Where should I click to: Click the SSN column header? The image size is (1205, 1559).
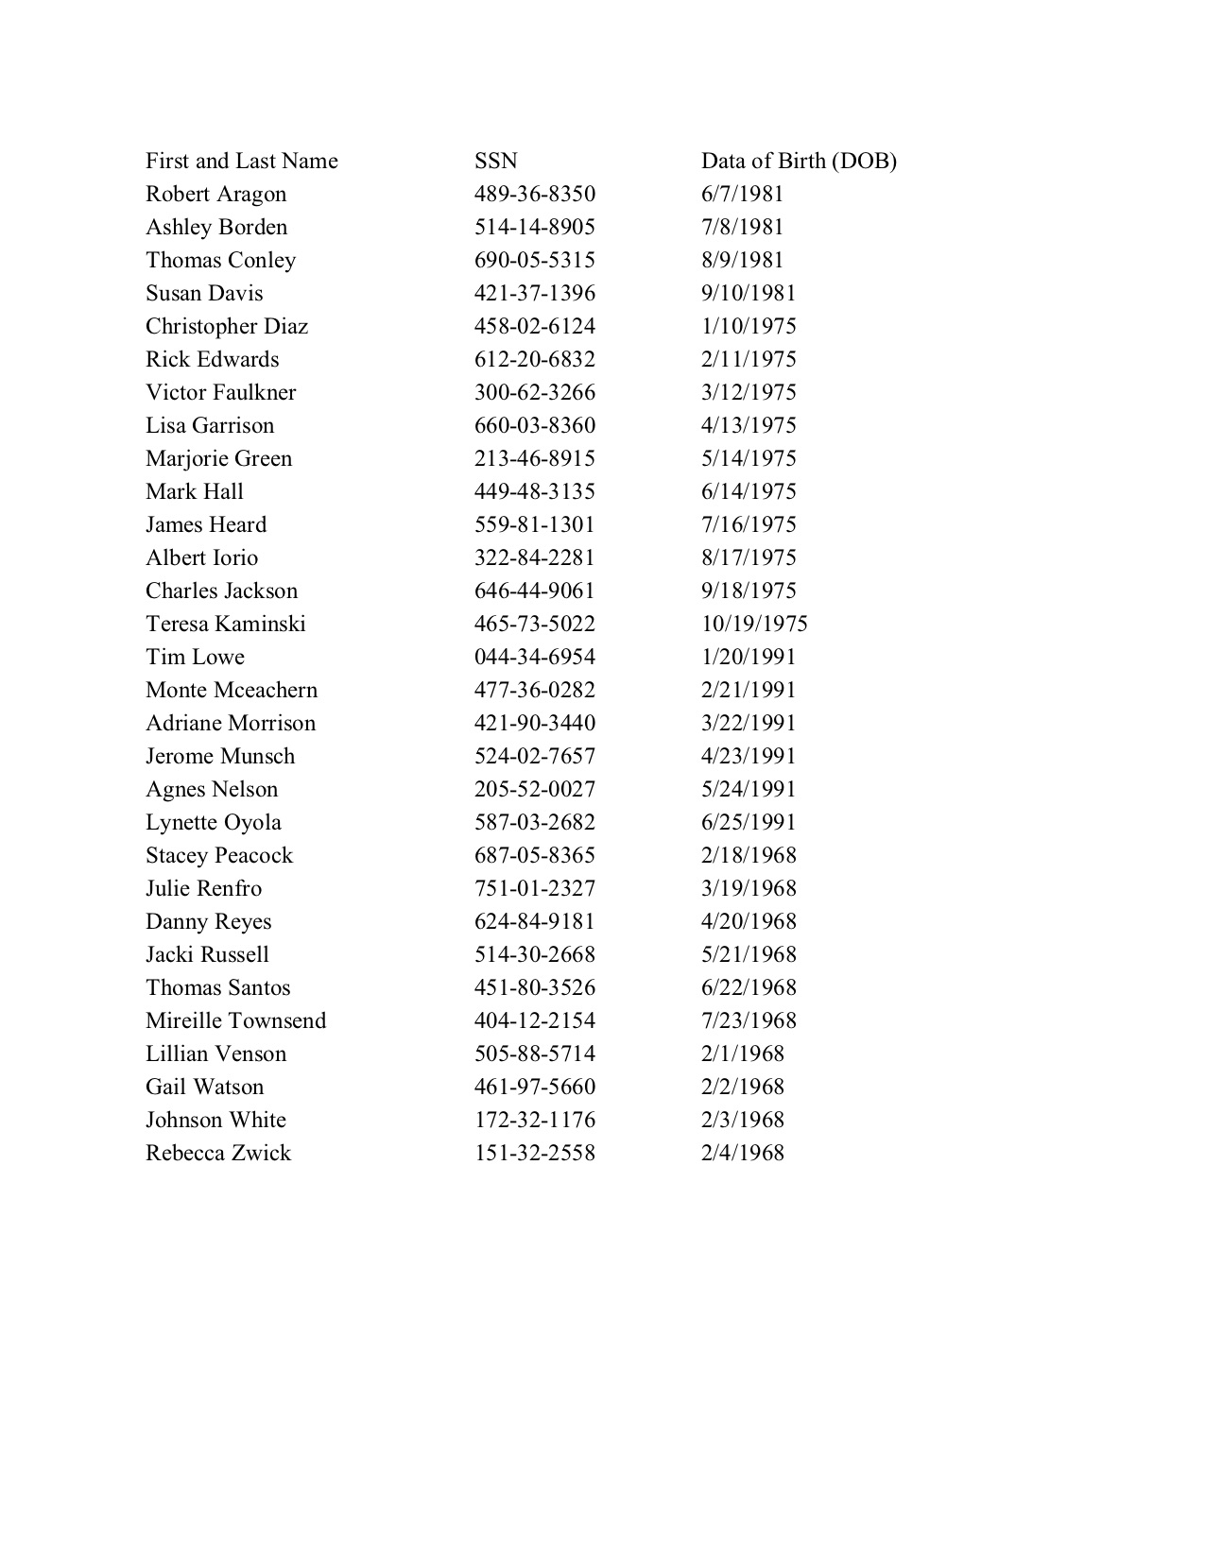coord(495,162)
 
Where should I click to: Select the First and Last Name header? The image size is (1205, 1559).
coord(241,162)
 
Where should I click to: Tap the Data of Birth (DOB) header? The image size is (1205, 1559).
coord(798,162)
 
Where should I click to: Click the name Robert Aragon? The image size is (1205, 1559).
coord(215,195)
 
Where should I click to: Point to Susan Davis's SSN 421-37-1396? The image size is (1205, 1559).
coord(534,294)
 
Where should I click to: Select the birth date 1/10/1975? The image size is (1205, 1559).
coord(748,327)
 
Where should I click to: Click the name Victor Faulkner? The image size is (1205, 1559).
coord(220,393)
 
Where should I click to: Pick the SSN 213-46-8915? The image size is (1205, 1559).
coord(534,459)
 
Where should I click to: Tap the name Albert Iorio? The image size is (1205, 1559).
coord(201,558)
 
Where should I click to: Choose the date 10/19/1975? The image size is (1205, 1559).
coord(753,625)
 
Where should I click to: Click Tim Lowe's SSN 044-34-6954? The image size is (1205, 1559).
coord(534,658)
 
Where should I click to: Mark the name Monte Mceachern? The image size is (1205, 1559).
coord(232,691)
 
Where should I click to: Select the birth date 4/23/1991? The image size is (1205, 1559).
coord(748,757)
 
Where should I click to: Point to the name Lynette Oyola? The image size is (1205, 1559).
coord(213,823)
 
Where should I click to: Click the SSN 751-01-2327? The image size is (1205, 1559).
coord(534,889)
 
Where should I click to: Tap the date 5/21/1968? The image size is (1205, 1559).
coord(748,955)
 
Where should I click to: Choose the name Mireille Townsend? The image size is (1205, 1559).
coord(235,1021)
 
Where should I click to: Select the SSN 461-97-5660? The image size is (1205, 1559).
coord(534,1088)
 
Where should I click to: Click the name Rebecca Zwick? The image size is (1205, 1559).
coord(217,1154)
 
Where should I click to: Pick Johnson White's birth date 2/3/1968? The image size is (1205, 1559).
coord(742,1121)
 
